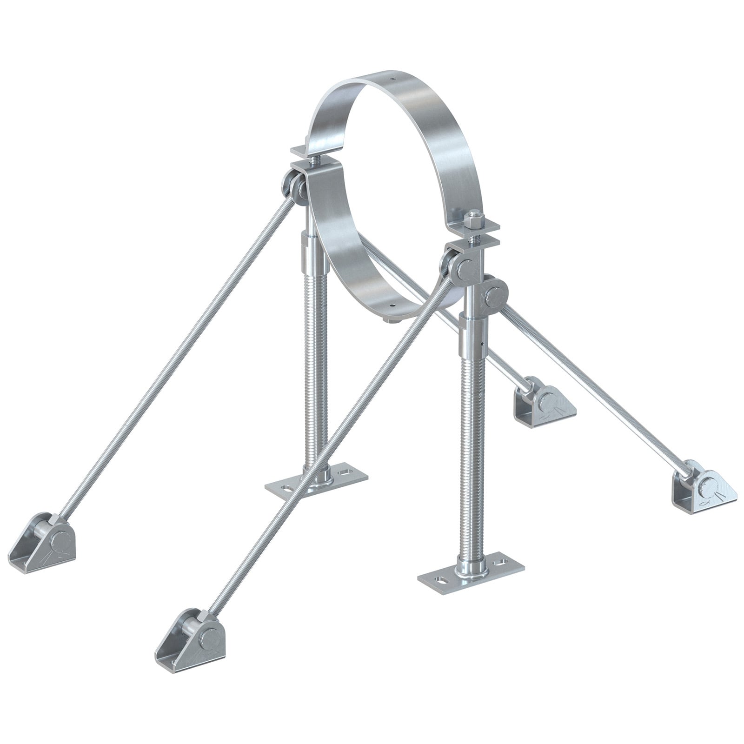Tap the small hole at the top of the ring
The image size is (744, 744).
(x=392, y=79)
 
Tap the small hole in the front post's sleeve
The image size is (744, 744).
(x=483, y=344)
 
